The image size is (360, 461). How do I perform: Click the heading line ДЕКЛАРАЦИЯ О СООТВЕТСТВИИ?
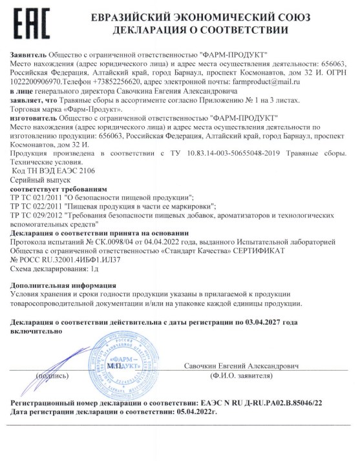click(200, 30)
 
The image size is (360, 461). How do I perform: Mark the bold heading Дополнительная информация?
click(64, 285)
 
